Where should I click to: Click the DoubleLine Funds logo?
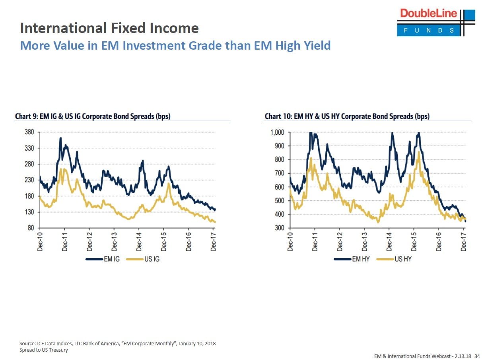tap(435, 22)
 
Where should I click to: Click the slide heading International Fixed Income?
tap(109, 28)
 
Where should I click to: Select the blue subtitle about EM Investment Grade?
tap(175, 45)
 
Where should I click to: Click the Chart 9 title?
tap(95, 116)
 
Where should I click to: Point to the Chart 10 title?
tap(347, 116)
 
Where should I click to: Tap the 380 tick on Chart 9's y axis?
tap(30, 132)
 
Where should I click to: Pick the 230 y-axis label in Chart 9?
tap(30, 180)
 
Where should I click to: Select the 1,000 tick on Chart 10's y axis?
tap(277, 132)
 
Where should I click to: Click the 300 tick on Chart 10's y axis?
tap(280, 228)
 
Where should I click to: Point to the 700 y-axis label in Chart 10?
tap(280, 173)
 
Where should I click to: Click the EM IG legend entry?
tap(104, 259)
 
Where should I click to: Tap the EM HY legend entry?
tap(353, 259)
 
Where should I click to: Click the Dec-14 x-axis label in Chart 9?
tap(139, 241)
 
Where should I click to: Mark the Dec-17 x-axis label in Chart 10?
tap(464, 241)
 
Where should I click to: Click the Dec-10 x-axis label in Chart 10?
tap(290, 241)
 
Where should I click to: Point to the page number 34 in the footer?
tap(477, 356)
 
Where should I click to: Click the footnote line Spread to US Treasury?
tap(44, 350)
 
